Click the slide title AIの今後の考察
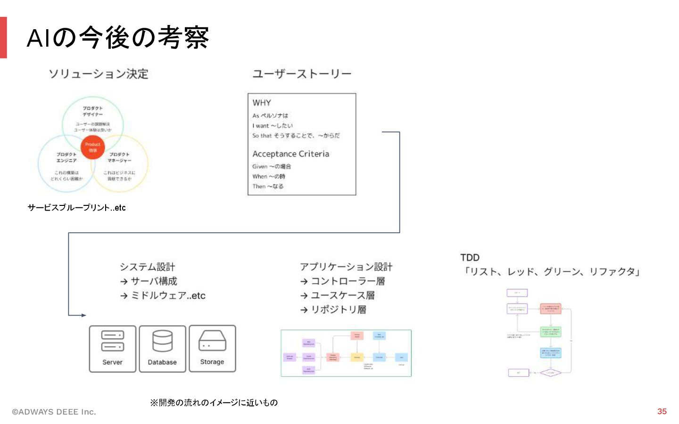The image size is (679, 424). (117, 38)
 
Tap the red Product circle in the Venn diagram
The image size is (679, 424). (93, 147)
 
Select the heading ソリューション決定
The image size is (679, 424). (99, 74)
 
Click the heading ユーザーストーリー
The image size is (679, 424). (302, 74)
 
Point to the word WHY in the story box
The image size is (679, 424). (262, 103)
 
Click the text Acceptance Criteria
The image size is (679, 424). (290, 154)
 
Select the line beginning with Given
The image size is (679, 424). (272, 166)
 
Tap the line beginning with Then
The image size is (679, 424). (268, 187)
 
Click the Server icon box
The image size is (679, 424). (113, 349)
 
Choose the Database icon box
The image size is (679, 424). (162, 349)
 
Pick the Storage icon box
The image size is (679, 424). (212, 349)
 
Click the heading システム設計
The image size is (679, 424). (147, 267)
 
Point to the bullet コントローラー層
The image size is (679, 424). (348, 281)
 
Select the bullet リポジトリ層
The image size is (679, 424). (338, 310)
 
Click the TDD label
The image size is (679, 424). (470, 258)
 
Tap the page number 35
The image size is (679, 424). (662, 411)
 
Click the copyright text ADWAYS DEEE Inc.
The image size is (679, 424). (54, 412)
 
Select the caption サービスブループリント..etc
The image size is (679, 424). (76, 208)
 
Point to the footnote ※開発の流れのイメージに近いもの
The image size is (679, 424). (214, 402)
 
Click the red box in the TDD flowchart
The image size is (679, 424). (551, 309)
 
